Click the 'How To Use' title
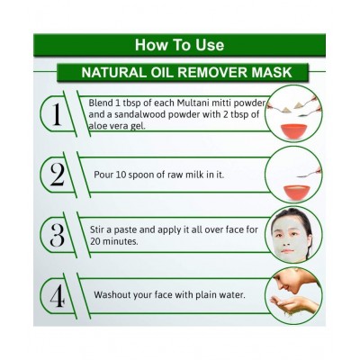pos(179,45)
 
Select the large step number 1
pos(57,115)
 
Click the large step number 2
pos(57,175)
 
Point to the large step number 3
pos(57,236)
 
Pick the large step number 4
pos(57,297)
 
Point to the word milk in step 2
pos(193,175)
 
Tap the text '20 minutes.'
pos(114,241)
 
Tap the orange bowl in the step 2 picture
pos(297,193)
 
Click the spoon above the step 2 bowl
pos(309,174)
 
